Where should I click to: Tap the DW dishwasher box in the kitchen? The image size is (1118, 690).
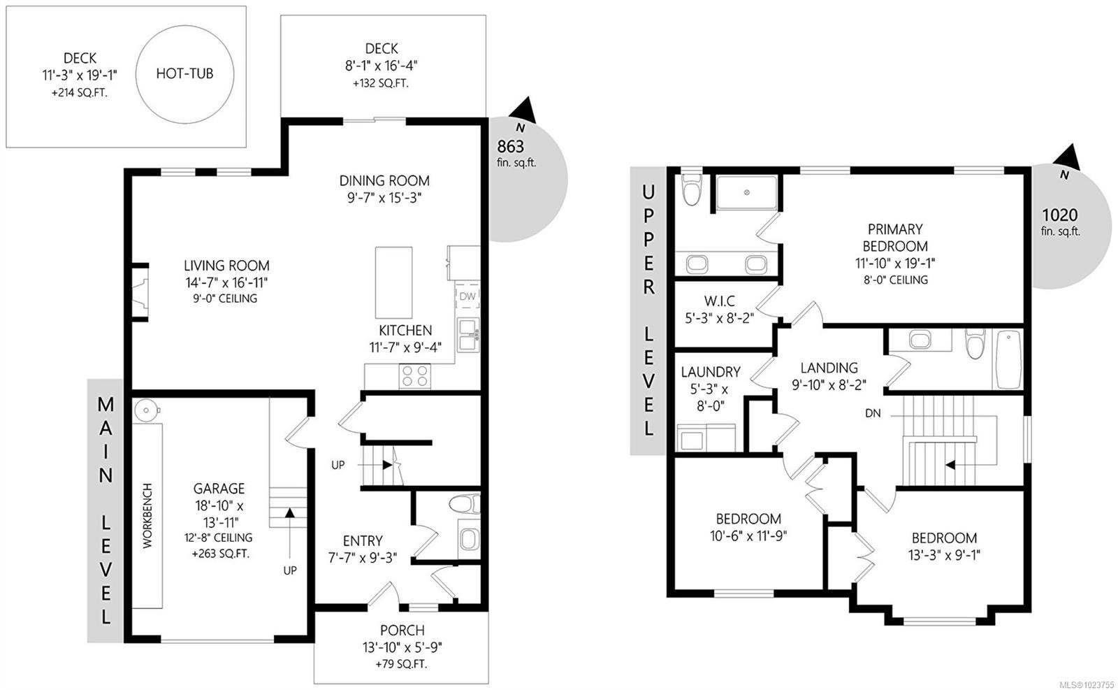click(x=467, y=296)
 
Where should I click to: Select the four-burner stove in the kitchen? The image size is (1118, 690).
click(x=415, y=376)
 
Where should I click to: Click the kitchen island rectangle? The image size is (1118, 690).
click(x=394, y=282)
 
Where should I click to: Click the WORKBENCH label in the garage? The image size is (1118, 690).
click(x=147, y=516)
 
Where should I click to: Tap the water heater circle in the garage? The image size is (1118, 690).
click(x=146, y=410)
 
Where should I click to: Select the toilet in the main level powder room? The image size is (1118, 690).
click(x=464, y=504)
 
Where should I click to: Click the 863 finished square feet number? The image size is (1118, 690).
click(x=511, y=146)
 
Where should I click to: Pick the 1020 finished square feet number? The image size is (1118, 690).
click(x=1059, y=215)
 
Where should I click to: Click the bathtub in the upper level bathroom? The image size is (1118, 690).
click(x=1009, y=359)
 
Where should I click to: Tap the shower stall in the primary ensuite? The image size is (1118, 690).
click(x=747, y=193)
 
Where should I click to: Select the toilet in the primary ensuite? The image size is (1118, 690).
click(x=692, y=189)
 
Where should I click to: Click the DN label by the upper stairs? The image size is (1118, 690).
click(x=873, y=413)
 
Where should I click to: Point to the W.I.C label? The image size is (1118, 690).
click(x=719, y=301)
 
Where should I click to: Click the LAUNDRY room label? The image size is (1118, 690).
click(x=711, y=372)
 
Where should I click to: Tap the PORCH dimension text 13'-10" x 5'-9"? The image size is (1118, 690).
click(x=402, y=647)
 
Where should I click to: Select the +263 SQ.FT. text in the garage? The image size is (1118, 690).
click(x=220, y=554)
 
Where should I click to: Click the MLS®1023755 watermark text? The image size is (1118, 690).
click(x=1086, y=684)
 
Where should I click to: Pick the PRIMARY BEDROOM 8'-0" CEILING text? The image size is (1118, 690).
click(x=896, y=280)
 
